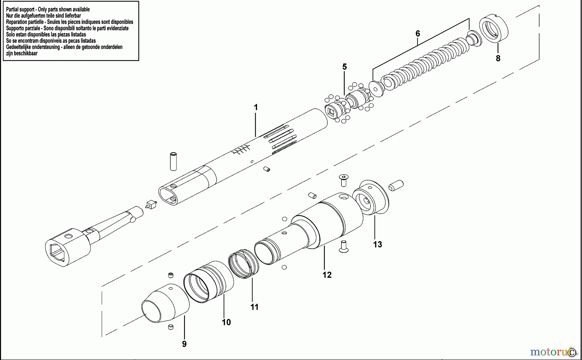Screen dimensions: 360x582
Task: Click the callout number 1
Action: pyautogui.click(x=256, y=107)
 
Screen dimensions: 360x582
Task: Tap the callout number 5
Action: pyautogui.click(x=344, y=67)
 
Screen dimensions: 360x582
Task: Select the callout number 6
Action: pyautogui.click(x=417, y=34)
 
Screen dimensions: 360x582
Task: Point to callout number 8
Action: pyautogui.click(x=498, y=59)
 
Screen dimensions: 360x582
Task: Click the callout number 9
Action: pyautogui.click(x=184, y=344)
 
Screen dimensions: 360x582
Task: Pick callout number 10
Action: pyautogui.click(x=226, y=322)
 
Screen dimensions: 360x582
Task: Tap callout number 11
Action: pyautogui.click(x=254, y=307)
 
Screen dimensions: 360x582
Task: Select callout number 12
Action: pyautogui.click(x=327, y=275)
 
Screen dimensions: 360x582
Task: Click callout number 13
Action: pyautogui.click(x=377, y=245)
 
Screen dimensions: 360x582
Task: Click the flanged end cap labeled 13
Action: pyautogui.click(x=371, y=197)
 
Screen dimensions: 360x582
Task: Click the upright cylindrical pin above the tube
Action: pyautogui.click(x=173, y=160)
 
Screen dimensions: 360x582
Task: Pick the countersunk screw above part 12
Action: pyautogui.click(x=344, y=180)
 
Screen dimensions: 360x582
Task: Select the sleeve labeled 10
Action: pyautogui.click(x=209, y=282)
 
